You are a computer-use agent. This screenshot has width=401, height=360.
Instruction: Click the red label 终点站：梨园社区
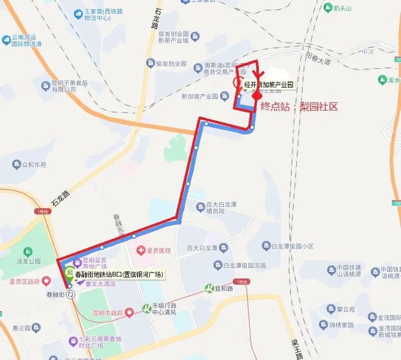[300, 106]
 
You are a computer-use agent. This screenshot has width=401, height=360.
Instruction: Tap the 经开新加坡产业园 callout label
[269, 85]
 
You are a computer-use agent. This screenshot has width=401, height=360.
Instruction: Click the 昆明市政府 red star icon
[130, 312]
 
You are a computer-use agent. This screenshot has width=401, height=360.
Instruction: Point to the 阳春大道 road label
[319, 57]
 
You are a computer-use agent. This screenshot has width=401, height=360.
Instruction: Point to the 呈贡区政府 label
[25, 281]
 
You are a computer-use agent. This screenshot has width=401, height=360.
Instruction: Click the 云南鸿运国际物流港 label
[29, 41]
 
